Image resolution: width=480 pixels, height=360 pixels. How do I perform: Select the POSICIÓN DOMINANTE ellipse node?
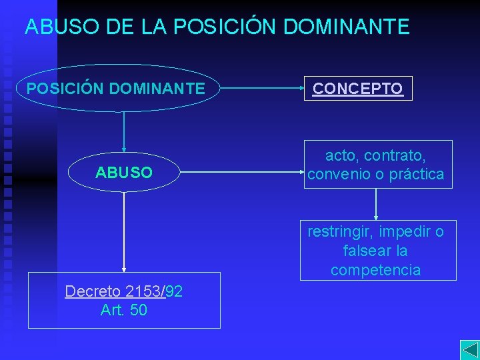pyautogui.click(x=117, y=88)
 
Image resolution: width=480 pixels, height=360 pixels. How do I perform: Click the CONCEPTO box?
pyautogui.click(x=358, y=89)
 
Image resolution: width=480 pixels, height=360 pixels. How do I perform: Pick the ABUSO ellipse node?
pyautogui.click(x=124, y=173)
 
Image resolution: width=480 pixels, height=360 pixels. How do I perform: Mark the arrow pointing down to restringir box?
pyautogui.click(x=377, y=204)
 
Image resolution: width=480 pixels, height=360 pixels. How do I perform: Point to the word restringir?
pyautogui.click(x=341, y=232)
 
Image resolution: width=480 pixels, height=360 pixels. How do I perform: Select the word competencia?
pyautogui.click(x=375, y=270)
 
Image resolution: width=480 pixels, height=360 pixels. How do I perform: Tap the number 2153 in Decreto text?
pyautogui.click(x=142, y=291)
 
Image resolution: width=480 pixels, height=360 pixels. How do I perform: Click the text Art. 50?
pyautogui.click(x=124, y=310)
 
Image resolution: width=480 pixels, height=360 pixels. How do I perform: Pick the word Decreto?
pyautogui.click(x=92, y=291)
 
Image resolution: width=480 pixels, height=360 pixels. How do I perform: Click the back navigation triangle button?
pyautogui.click(x=469, y=350)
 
